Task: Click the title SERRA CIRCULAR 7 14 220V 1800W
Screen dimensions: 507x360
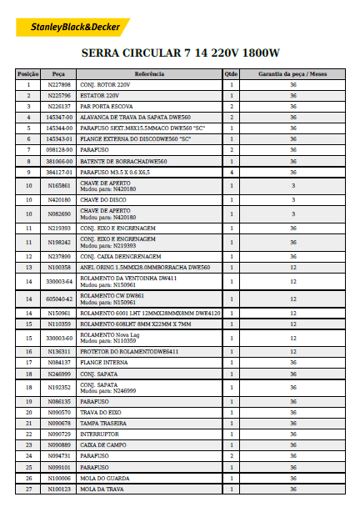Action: [180, 53]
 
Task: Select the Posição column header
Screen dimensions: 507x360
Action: [28, 74]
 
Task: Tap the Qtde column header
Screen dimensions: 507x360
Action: [231, 74]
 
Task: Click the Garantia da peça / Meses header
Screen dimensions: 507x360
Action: [292, 74]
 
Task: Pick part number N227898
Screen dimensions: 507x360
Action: [59, 85]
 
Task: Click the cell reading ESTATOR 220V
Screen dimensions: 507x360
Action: [99, 96]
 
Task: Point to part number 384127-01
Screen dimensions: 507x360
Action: [59, 172]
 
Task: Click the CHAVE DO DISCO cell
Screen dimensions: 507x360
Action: [103, 200]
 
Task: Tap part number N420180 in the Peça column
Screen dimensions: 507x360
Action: [59, 200]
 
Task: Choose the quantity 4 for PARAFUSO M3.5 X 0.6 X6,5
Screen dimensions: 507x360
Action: [231, 172]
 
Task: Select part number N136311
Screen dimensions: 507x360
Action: [59, 351]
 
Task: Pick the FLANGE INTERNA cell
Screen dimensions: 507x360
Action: [104, 362]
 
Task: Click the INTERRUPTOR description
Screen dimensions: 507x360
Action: [99, 434]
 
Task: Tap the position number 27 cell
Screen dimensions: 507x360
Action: [28, 489]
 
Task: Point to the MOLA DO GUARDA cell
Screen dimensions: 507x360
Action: [105, 478]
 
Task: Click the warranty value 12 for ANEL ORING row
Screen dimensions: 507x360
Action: [292, 267]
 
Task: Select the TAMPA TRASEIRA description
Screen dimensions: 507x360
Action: [104, 424]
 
